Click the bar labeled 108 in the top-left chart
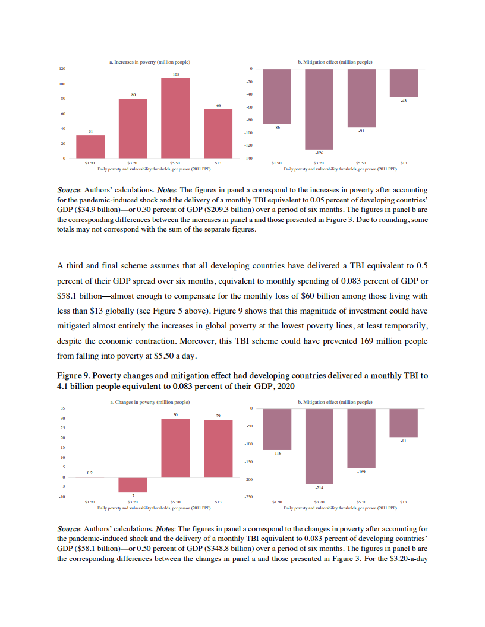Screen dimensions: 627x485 pyautogui.click(x=175, y=118)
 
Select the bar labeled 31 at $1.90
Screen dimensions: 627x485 pyautogui.click(x=90, y=147)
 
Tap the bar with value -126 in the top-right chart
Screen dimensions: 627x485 pyautogui.click(x=319, y=109)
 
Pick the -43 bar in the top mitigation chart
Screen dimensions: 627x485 pyautogui.click(x=404, y=83)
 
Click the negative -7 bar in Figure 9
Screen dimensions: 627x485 pyautogui.click(x=133, y=484)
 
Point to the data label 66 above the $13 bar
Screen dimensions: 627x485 pyautogui.click(x=218, y=105)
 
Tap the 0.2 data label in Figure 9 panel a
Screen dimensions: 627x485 pyautogui.click(x=90, y=473)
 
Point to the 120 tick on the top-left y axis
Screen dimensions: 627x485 pyautogui.click(x=62, y=69)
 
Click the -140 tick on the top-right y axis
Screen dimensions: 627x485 pyautogui.click(x=249, y=159)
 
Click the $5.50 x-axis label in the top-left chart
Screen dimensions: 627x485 pyautogui.click(x=175, y=163)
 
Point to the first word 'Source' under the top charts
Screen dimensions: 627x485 pyautogui.click(x=68, y=190)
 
